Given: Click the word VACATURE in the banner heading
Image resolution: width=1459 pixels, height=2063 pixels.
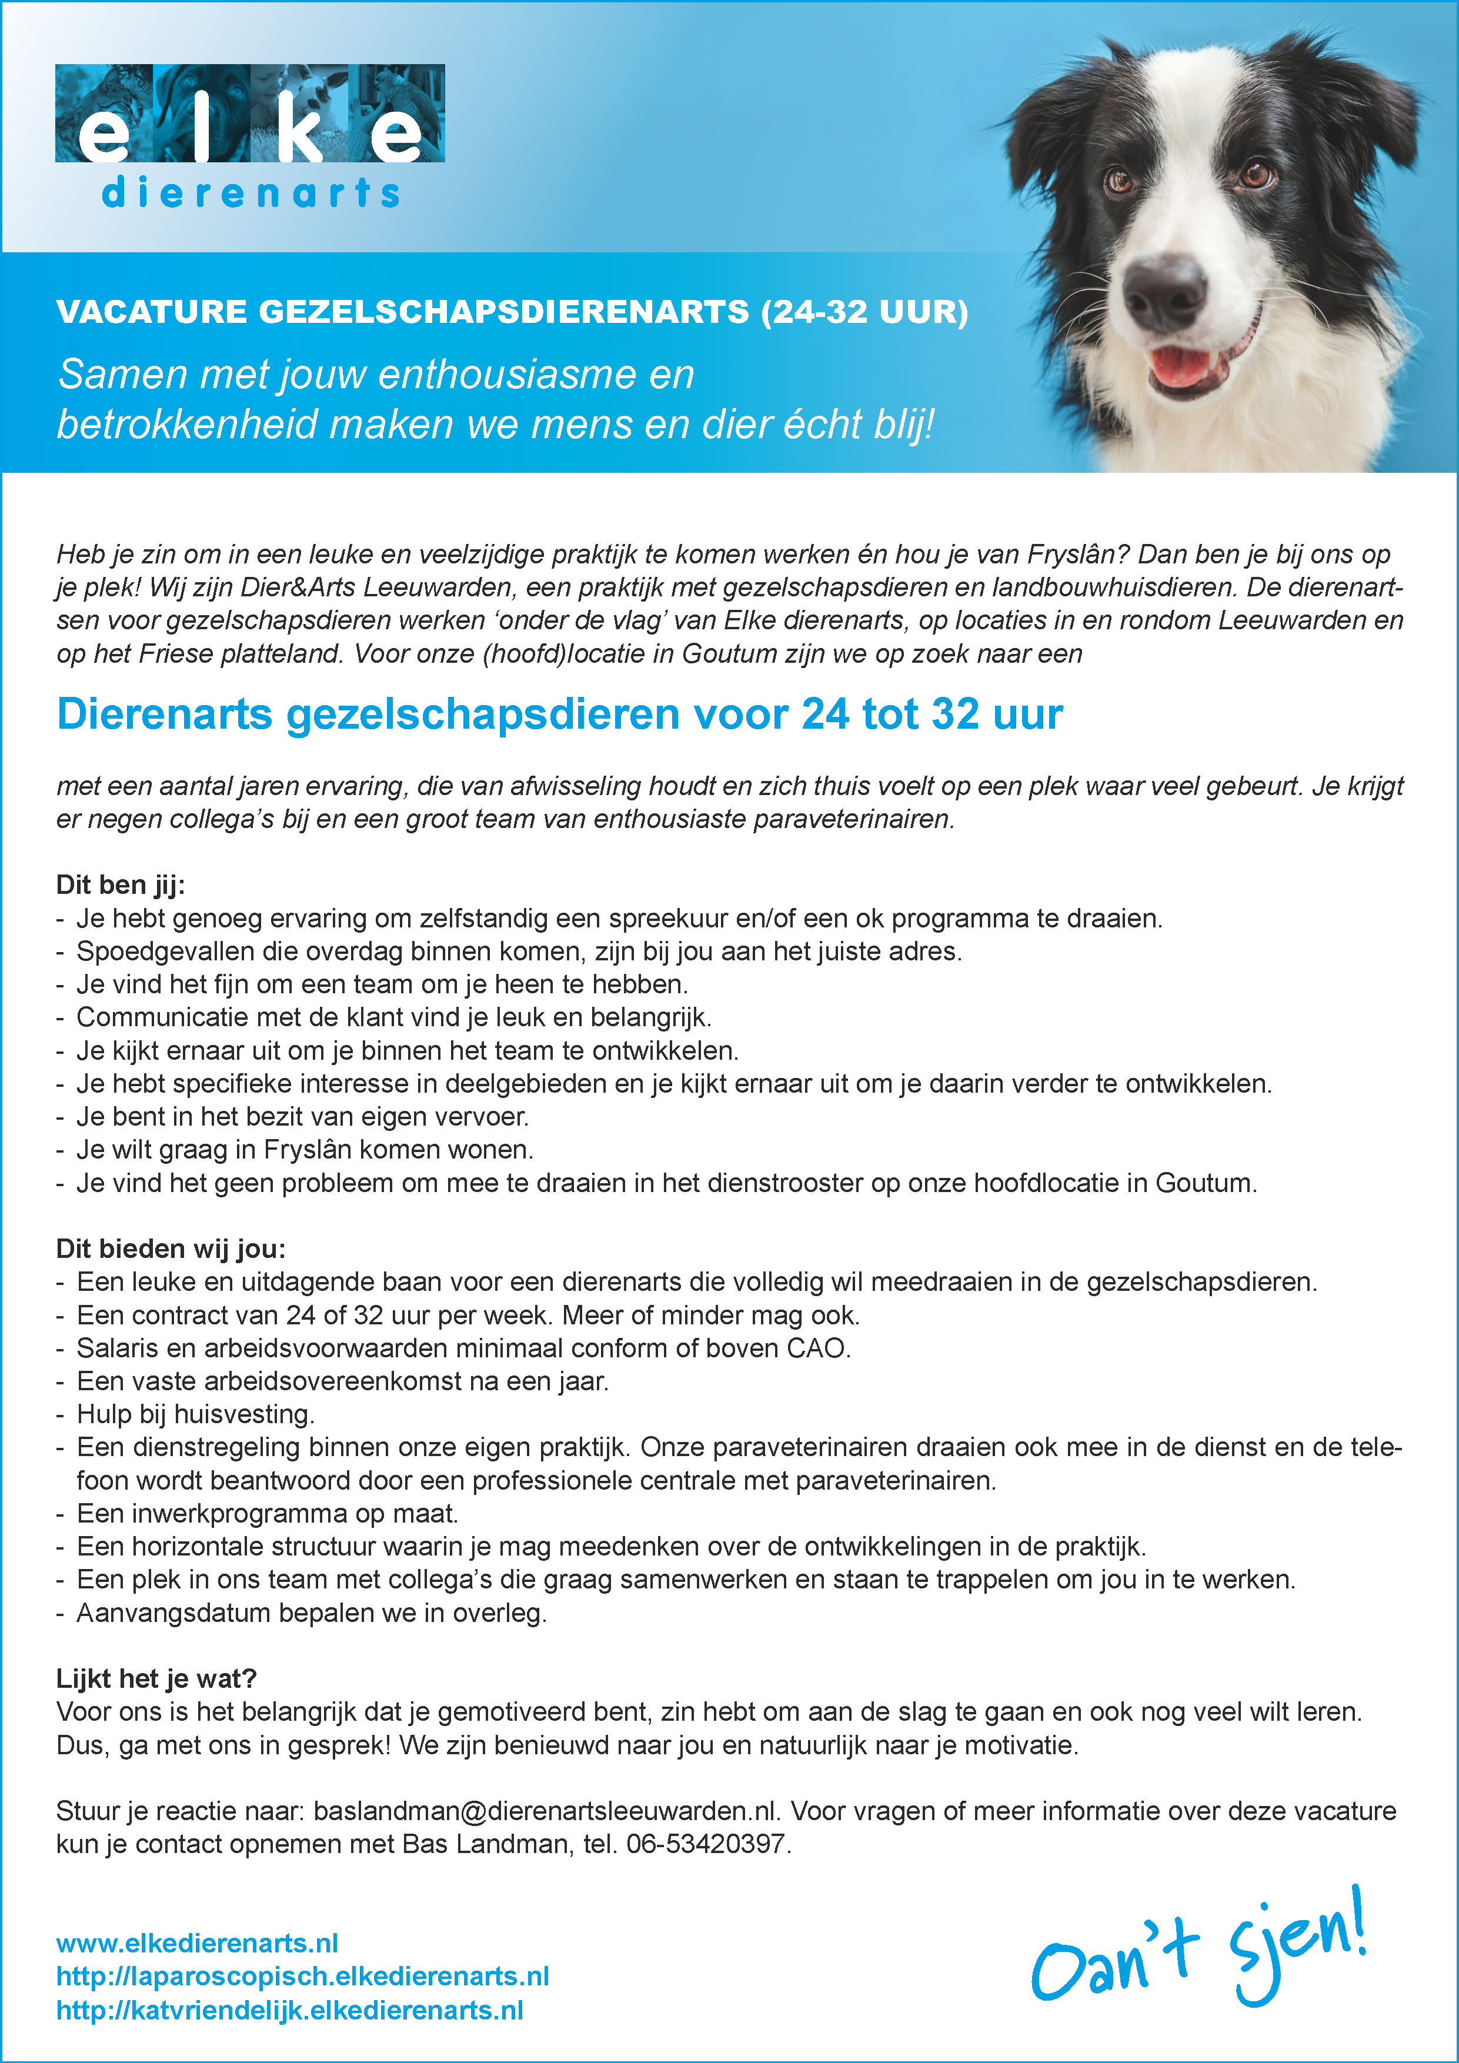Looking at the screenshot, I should pyautogui.click(x=151, y=312).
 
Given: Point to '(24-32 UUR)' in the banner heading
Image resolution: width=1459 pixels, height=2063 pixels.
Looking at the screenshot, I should pyautogui.click(x=864, y=312).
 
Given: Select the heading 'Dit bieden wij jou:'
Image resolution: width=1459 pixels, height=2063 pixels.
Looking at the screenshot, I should pyautogui.click(x=171, y=1249).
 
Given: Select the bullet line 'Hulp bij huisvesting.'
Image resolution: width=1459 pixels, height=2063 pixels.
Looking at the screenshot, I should pyautogui.click(x=195, y=1414).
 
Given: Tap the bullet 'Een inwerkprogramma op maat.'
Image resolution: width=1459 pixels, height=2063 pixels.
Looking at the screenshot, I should pyautogui.click(x=267, y=1514).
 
